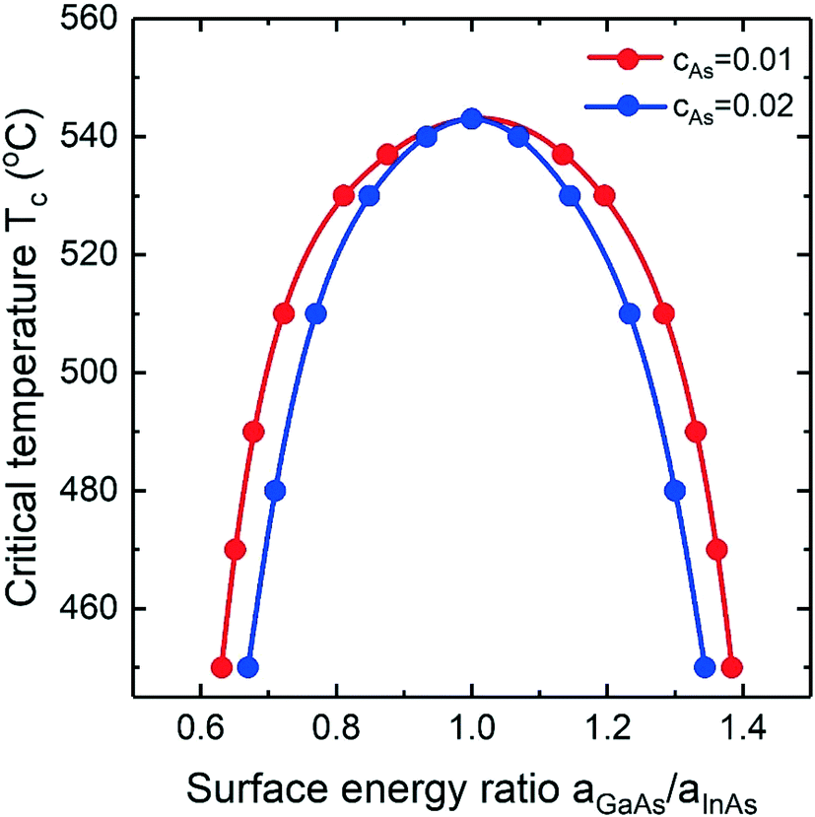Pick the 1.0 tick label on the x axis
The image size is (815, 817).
click(x=471, y=730)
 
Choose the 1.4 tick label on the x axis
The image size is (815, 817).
click(x=741, y=730)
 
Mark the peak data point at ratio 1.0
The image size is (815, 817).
click(x=471, y=118)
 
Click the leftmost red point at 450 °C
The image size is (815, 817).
click(x=222, y=667)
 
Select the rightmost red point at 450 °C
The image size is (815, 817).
click(x=730, y=667)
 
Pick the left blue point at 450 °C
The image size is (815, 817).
click(x=248, y=667)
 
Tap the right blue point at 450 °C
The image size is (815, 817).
click(x=705, y=667)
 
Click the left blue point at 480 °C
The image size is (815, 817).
click(x=275, y=491)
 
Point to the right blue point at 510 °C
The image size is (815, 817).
click(x=630, y=314)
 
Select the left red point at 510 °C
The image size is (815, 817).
click(x=284, y=314)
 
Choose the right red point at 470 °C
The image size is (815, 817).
click(x=717, y=550)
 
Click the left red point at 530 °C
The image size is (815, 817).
click(x=344, y=195)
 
